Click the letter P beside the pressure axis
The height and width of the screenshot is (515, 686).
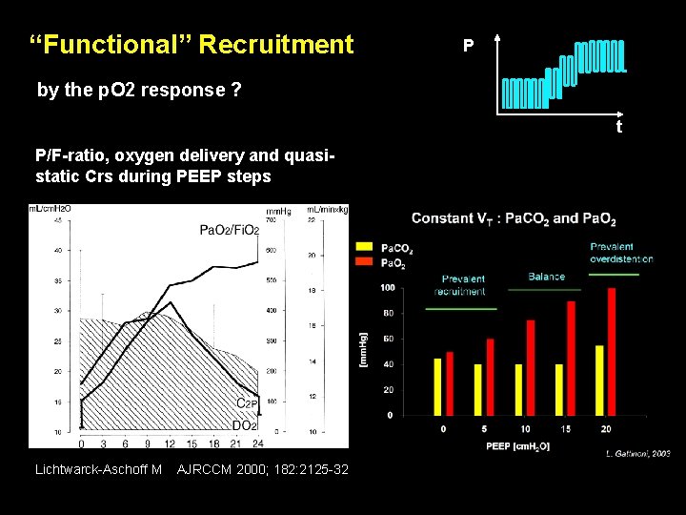468,45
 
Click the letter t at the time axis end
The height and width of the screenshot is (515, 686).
618,126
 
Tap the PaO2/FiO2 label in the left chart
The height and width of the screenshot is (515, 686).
229,229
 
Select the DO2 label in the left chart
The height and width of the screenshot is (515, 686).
245,425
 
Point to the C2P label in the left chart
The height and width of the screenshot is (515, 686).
248,403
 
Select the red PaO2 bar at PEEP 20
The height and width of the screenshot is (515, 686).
612,351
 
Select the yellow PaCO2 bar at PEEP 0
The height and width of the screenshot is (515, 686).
437,386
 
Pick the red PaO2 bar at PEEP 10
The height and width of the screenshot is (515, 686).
531,367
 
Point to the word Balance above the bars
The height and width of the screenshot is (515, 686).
546,277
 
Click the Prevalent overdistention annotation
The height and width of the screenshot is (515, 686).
620,253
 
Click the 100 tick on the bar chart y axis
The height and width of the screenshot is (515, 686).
387,287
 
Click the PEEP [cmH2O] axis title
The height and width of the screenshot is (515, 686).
517,446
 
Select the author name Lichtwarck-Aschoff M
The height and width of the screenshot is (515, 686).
98,469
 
